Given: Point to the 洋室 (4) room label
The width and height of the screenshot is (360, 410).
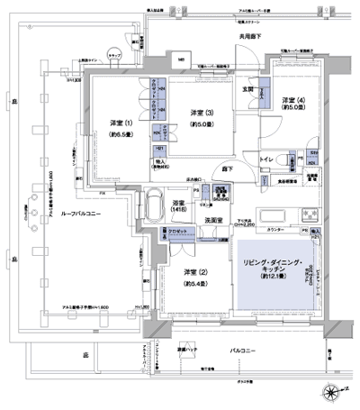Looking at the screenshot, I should click(290, 100).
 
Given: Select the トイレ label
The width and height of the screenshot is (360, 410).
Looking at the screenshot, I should click(266, 158).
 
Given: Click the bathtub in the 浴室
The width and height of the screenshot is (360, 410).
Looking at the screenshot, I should click(153, 199).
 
